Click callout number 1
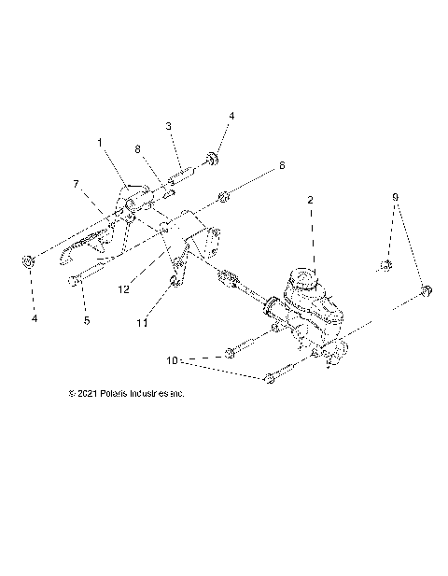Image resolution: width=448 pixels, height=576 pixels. pyautogui.click(x=100, y=143)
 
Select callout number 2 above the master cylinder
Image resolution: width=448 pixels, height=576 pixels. pyautogui.click(x=311, y=200)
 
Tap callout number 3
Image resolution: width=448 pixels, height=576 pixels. pyautogui.click(x=169, y=126)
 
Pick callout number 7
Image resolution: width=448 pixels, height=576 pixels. pyautogui.click(x=75, y=185)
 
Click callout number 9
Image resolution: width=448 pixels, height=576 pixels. pyautogui.click(x=395, y=197)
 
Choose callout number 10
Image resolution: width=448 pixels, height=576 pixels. pyautogui.click(x=172, y=358)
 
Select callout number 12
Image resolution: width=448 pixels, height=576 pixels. pyautogui.click(x=123, y=289)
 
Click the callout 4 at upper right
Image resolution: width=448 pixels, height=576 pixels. pyautogui.click(x=231, y=116)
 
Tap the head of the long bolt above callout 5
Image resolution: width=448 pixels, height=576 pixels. pyautogui.click(x=73, y=279)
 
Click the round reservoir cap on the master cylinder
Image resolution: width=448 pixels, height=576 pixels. pyautogui.click(x=304, y=276)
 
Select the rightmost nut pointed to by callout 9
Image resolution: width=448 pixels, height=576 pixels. pyautogui.click(x=426, y=292)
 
